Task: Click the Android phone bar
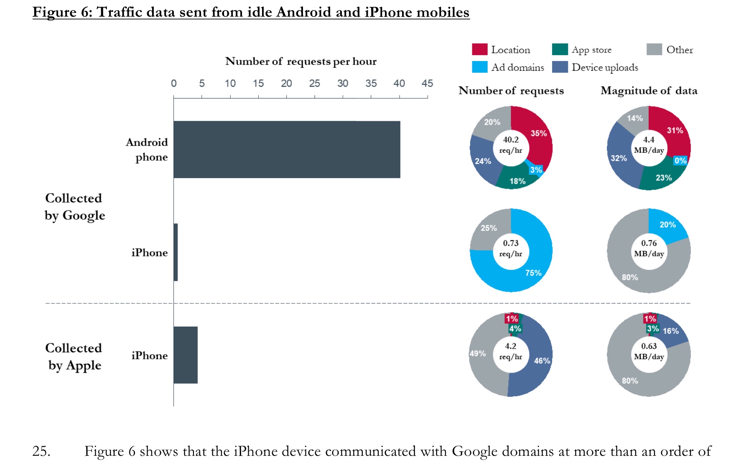tap(287, 149)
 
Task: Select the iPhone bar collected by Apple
tap(186, 355)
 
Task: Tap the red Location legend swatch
tap(479, 49)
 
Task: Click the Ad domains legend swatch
tap(479, 67)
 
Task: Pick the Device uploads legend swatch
tap(560, 67)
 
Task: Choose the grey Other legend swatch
tap(654, 49)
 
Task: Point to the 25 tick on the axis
tap(314, 84)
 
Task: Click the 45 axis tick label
tap(427, 84)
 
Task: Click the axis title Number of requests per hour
tap(301, 61)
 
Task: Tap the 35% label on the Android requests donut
tap(538, 133)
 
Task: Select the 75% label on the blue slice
tap(533, 273)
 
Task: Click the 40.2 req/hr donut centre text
tap(511, 145)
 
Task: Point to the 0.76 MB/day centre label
tap(649, 248)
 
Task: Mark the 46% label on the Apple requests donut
tap(542, 360)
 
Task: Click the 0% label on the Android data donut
tap(680, 161)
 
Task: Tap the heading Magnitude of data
tap(649, 91)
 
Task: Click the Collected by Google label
tap(75, 207)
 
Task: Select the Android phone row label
tap(147, 149)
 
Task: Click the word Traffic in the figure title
tap(120, 12)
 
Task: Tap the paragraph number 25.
tap(41, 451)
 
